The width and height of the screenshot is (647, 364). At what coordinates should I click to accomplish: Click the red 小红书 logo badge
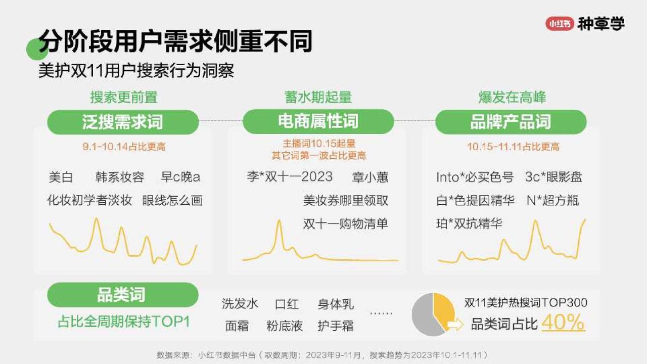tap(560, 24)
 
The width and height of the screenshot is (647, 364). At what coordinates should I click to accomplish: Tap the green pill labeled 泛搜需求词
tap(123, 122)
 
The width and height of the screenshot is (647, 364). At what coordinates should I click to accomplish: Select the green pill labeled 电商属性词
tap(318, 121)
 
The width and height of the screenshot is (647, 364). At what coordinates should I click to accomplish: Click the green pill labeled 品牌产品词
tap(511, 122)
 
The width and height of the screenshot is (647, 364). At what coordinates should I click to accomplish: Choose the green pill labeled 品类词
tap(123, 295)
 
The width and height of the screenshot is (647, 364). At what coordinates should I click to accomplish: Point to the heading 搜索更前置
tap(124, 97)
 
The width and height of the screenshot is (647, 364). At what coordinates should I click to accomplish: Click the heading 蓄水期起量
tap(318, 97)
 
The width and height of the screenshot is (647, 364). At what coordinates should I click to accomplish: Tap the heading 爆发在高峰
tap(512, 97)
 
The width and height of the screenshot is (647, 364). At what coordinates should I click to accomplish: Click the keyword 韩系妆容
tap(120, 177)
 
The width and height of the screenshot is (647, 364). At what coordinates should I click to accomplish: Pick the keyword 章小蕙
tap(370, 177)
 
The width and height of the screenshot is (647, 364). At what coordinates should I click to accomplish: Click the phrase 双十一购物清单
tap(345, 224)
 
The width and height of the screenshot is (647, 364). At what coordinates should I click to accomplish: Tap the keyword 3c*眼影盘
tap(553, 177)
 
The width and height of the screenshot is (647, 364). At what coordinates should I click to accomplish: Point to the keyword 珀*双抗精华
tap(470, 223)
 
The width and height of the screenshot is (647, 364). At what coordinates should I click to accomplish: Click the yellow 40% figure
tap(563, 322)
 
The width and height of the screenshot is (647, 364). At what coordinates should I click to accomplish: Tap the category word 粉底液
tap(285, 326)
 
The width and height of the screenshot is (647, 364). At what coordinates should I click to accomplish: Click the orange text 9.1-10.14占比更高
tap(124, 147)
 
